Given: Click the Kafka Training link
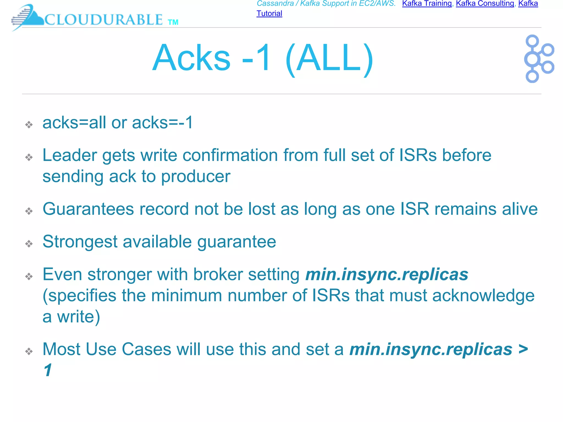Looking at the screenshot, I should pos(427,4).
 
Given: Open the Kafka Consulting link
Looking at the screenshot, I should pos(485,4).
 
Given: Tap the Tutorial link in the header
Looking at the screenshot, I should pos(269,13).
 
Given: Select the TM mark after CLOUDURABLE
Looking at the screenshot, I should pos(173,22).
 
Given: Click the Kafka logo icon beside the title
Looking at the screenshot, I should pos(539,59).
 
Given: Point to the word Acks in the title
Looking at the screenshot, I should pos(191,58).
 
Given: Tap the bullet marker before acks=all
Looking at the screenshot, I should pos(29,125).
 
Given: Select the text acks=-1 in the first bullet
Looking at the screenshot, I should pos(162,123).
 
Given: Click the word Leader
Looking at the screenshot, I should pos(70,155).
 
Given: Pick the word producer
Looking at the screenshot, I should pos(196,177).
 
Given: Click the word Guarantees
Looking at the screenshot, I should pos(88,209).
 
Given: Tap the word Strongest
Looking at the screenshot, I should pos(80,242).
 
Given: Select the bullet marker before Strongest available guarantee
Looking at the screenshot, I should pos(29,244).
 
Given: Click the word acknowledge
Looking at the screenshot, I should pos(484,296).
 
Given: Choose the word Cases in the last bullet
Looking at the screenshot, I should pos(146,349).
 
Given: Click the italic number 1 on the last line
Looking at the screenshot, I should pos(48,370).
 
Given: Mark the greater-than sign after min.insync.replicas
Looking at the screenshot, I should pos(523,349).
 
